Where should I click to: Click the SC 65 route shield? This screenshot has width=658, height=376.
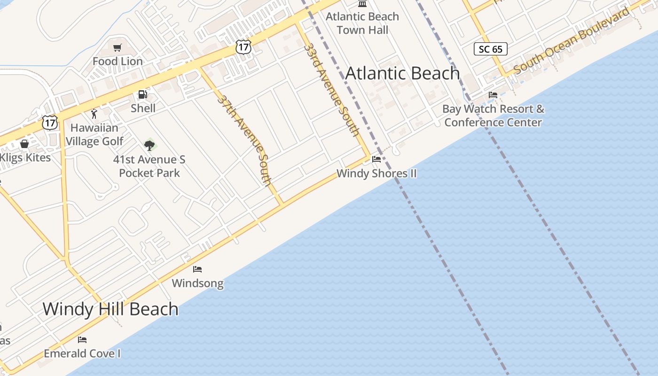pyautogui.click(x=490, y=49)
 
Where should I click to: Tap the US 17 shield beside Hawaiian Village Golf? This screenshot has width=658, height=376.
pyautogui.click(x=49, y=123)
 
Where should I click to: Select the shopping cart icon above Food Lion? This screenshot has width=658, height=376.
pyautogui.click(x=117, y=47)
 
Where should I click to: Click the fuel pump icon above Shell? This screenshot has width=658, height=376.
pyautogui.click(x=143, y=94)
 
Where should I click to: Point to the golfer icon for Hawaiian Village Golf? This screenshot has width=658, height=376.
pyautogui.click(x=94, y=114)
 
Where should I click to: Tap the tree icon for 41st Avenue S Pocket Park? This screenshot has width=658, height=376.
pyautogui.click(x=149, y=145)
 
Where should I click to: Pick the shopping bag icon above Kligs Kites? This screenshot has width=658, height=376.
pyautogui.click(x=24, y=144)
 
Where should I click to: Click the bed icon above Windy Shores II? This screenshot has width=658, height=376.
pyautogui.click(x=376, y=159)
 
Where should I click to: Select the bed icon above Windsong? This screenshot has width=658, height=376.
pyautogui.click(x=197, y=269)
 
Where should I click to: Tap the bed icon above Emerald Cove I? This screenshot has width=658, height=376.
pyautogui.click(x=82, y=339)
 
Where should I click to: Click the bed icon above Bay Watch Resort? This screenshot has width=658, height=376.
pyautogui.click(x=493, y=95)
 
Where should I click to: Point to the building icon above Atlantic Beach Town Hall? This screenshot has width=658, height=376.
pyautogui.click(x=362, y=4)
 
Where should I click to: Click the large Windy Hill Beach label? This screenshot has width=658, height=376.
pyautogui.click(x=110, y=309)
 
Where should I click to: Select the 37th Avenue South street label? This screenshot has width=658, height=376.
pyautogui.click(x=244, y=140)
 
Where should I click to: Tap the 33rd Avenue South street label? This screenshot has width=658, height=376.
pyautogui.click(x=332, y=89)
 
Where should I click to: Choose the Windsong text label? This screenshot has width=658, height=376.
pyautogui.click(x=197, y=283)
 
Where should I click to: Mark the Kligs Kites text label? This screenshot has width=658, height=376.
pyautogui.click(x=25, y=157)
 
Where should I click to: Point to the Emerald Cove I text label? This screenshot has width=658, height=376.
pyautogui.click(x=82, y=353)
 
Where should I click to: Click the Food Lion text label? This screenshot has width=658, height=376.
pyautogui.click(x=117, y=61)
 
